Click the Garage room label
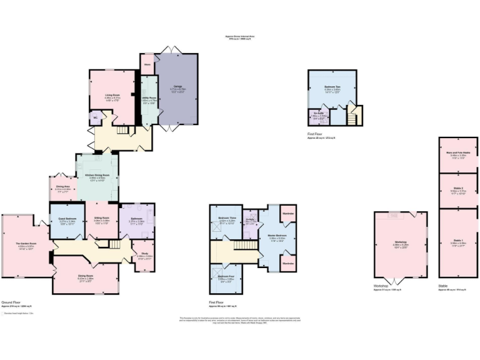pos(178,88)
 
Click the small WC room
pos(96,117)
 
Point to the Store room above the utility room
pos(147,64)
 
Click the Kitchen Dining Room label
pos(97,176)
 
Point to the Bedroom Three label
pos(227,218)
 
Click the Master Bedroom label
pos(276,236)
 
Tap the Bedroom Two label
pos(332,86)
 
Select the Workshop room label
pos(401,241)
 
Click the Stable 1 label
pos(458,242)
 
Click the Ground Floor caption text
pos(11,302)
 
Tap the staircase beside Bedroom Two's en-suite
pos(354,116)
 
